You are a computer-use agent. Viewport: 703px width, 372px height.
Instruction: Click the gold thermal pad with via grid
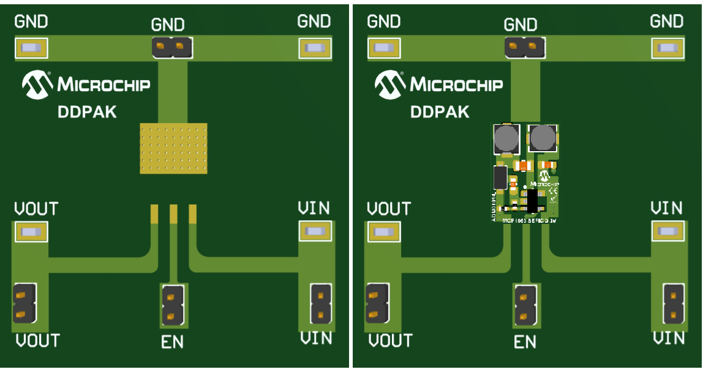click(x=173, y=148)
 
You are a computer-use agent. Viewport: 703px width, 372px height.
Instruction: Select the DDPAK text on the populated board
click(x=439, y=113)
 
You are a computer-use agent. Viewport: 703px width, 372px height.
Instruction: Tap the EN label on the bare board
click(x=172, y=342)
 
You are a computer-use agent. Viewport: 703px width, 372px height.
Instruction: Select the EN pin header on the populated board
click(x=525, y=305)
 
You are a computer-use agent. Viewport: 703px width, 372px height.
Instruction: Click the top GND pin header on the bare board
click(x=171, y=46)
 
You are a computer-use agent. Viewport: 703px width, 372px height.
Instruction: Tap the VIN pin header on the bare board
click(x=321, y=303)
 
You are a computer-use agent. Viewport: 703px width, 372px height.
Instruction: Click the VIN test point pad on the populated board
click(x=667, y=231)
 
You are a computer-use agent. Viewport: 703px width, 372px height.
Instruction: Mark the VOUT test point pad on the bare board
click(x=29, y=232)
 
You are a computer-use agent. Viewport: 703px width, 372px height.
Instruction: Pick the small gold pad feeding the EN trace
click(x=173, y=214)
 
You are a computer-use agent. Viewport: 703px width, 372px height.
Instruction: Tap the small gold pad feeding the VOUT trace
click(x=154, y=213)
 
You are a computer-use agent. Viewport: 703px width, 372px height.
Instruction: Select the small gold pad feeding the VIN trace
click(x=193, y=214)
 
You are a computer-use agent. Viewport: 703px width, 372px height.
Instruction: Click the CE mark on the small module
click(x=552, y=191)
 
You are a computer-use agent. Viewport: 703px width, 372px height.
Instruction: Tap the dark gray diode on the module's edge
click(x=500, y=177)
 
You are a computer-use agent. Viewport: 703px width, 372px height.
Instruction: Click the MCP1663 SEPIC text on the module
click(x=528, y=219)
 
